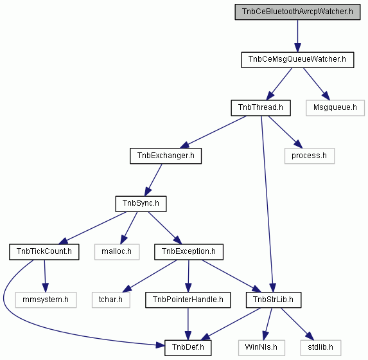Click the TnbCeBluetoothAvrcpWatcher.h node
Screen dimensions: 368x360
click(297, 12)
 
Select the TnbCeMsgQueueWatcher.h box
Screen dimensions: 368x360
click(297, 60)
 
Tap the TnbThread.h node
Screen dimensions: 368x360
click(261, 108)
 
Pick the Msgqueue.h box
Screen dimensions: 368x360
click(335, 108)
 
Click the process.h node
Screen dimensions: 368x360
click(310, 156)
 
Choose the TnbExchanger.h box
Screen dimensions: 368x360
click(166, 156)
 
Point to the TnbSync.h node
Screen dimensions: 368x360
click(141, 204)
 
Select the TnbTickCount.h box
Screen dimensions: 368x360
click(44, 252)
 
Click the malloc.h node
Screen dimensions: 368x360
click(117, 252)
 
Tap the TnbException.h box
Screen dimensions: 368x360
click(189, 252)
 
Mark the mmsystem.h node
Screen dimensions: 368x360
click(46, 300)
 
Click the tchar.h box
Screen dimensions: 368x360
click(110, 300)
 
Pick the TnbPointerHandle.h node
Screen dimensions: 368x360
click(188, 300)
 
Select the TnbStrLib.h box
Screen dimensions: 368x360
click(274, 300)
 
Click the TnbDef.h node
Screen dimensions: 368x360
click(188, 348)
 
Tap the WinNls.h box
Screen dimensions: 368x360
click(261, 348)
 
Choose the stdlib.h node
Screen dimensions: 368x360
click(320, 348)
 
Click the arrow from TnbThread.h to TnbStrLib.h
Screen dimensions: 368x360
click(267, 204)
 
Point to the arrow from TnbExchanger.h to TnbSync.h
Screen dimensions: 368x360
click(153, 180)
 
